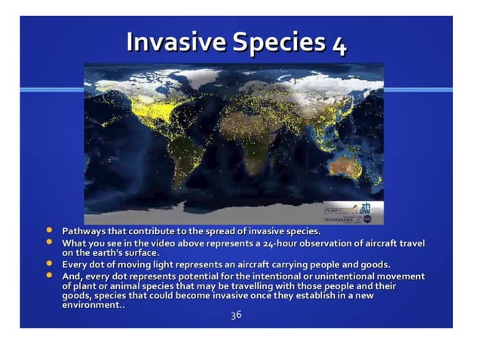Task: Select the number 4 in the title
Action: click(339, 45)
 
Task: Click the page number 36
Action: click(236, 315)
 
